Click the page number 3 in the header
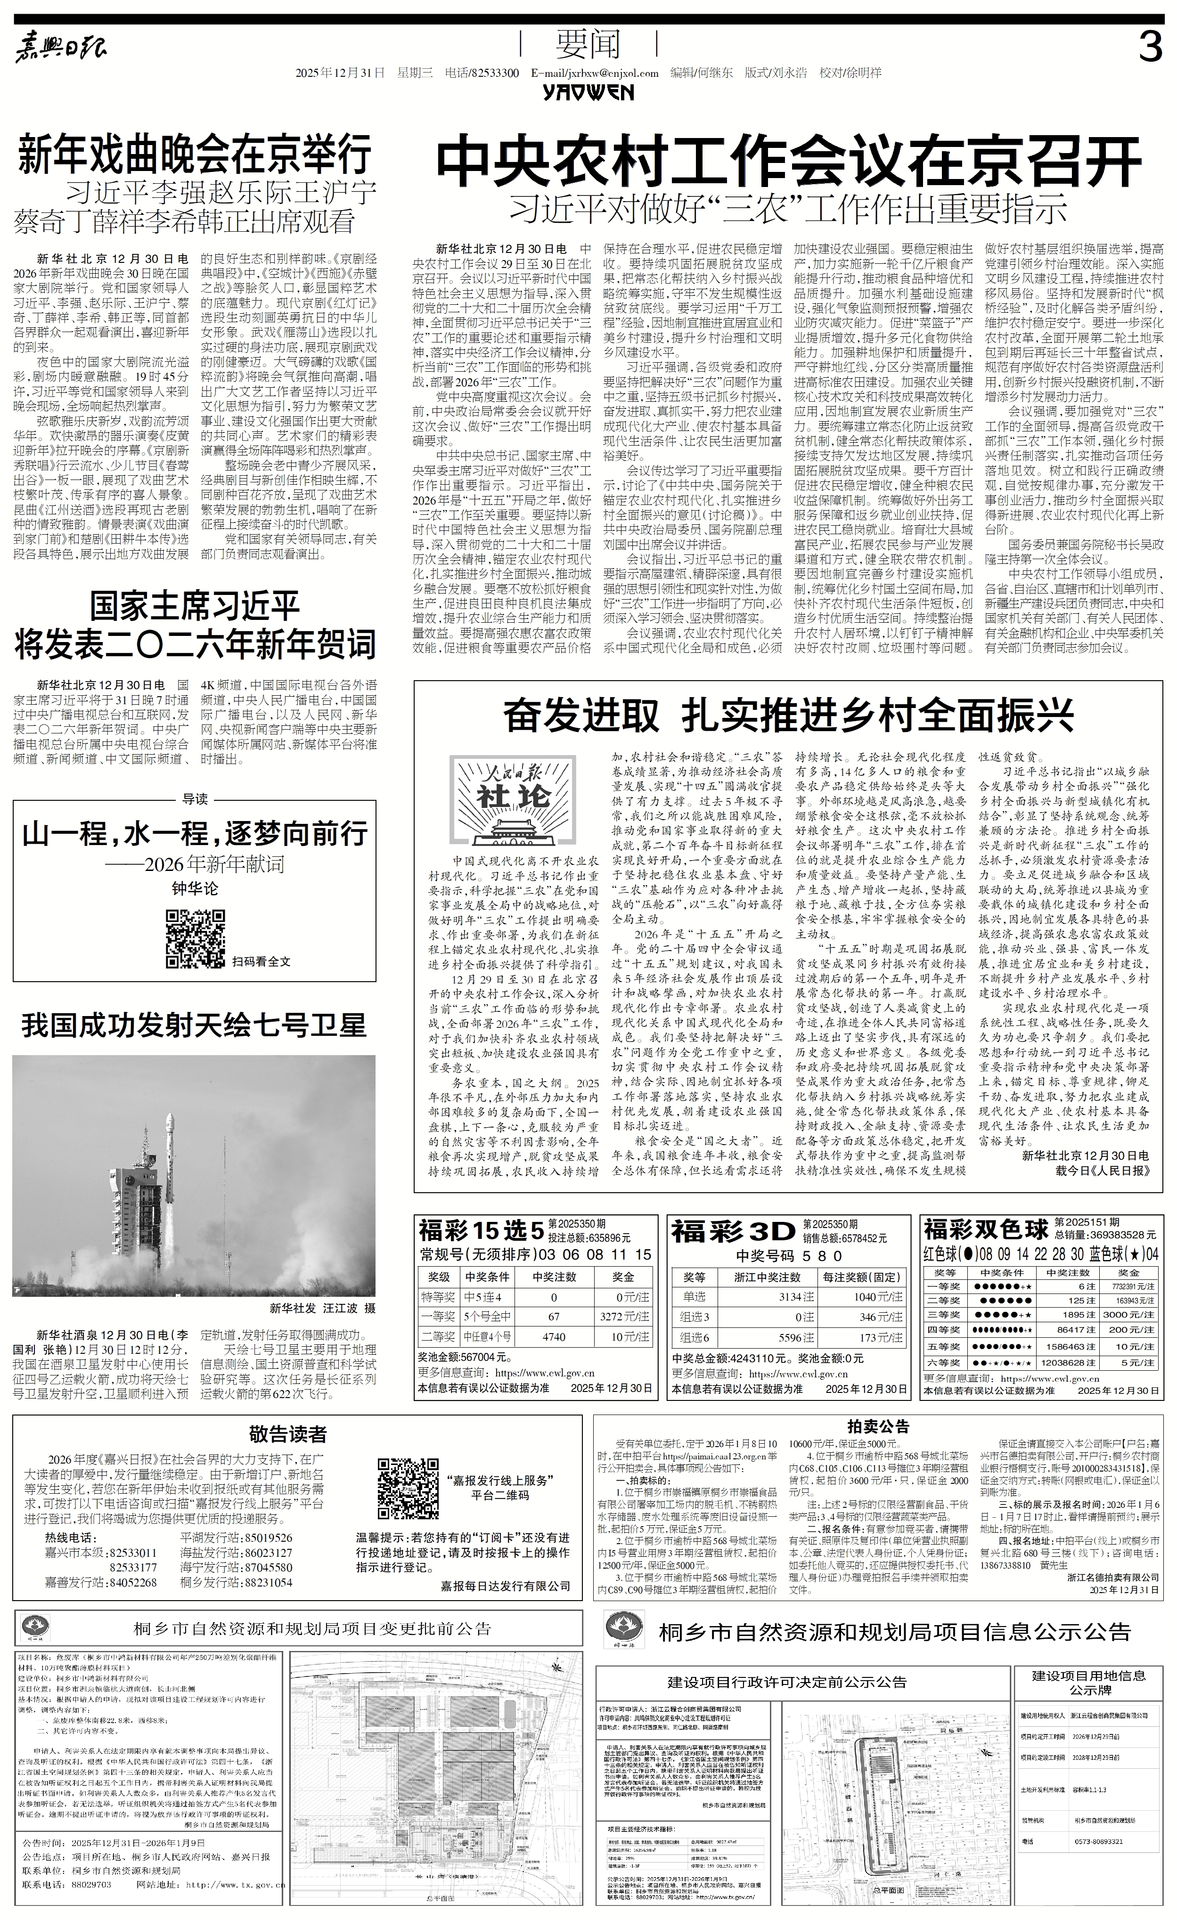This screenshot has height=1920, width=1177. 1150,49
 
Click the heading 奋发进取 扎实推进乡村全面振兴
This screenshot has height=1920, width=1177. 788,716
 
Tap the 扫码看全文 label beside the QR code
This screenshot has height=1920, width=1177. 261,961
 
